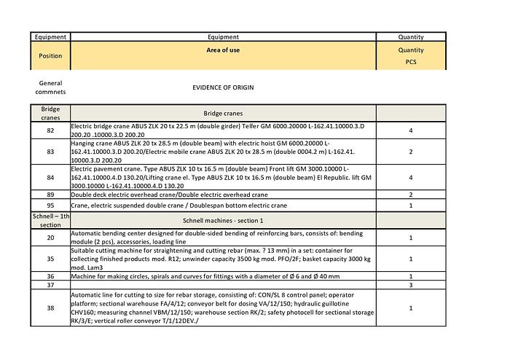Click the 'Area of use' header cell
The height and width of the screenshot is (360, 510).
tap(223, 50)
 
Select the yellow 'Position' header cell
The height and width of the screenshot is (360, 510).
tap(50, 55)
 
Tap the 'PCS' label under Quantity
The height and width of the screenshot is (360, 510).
tap(411, 63)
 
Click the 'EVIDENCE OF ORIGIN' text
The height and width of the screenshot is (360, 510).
tap(223, 87)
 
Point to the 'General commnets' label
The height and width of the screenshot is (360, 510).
tap(50, 87)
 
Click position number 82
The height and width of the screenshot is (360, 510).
tap(50, 131)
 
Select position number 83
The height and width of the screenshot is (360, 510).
tap(50, 152)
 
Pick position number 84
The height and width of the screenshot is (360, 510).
tap(50, 177)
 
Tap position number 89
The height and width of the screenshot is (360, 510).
tap(50, 195)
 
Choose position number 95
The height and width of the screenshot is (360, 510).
tap(50, 206)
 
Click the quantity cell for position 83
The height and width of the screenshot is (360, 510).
tap(411, 152)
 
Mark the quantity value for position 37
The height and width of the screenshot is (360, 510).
tap(411, 285)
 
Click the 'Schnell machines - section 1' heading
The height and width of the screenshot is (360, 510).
tap(223, 220)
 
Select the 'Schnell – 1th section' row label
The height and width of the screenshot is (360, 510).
tap(50, 220)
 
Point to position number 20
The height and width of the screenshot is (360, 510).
tap(50, 238)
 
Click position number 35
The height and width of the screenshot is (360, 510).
tap(50, 258)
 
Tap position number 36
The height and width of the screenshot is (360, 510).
tap(50, 276)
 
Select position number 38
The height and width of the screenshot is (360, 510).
tap(50, 308)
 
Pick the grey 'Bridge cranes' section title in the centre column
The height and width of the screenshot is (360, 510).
tap(223, 114)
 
